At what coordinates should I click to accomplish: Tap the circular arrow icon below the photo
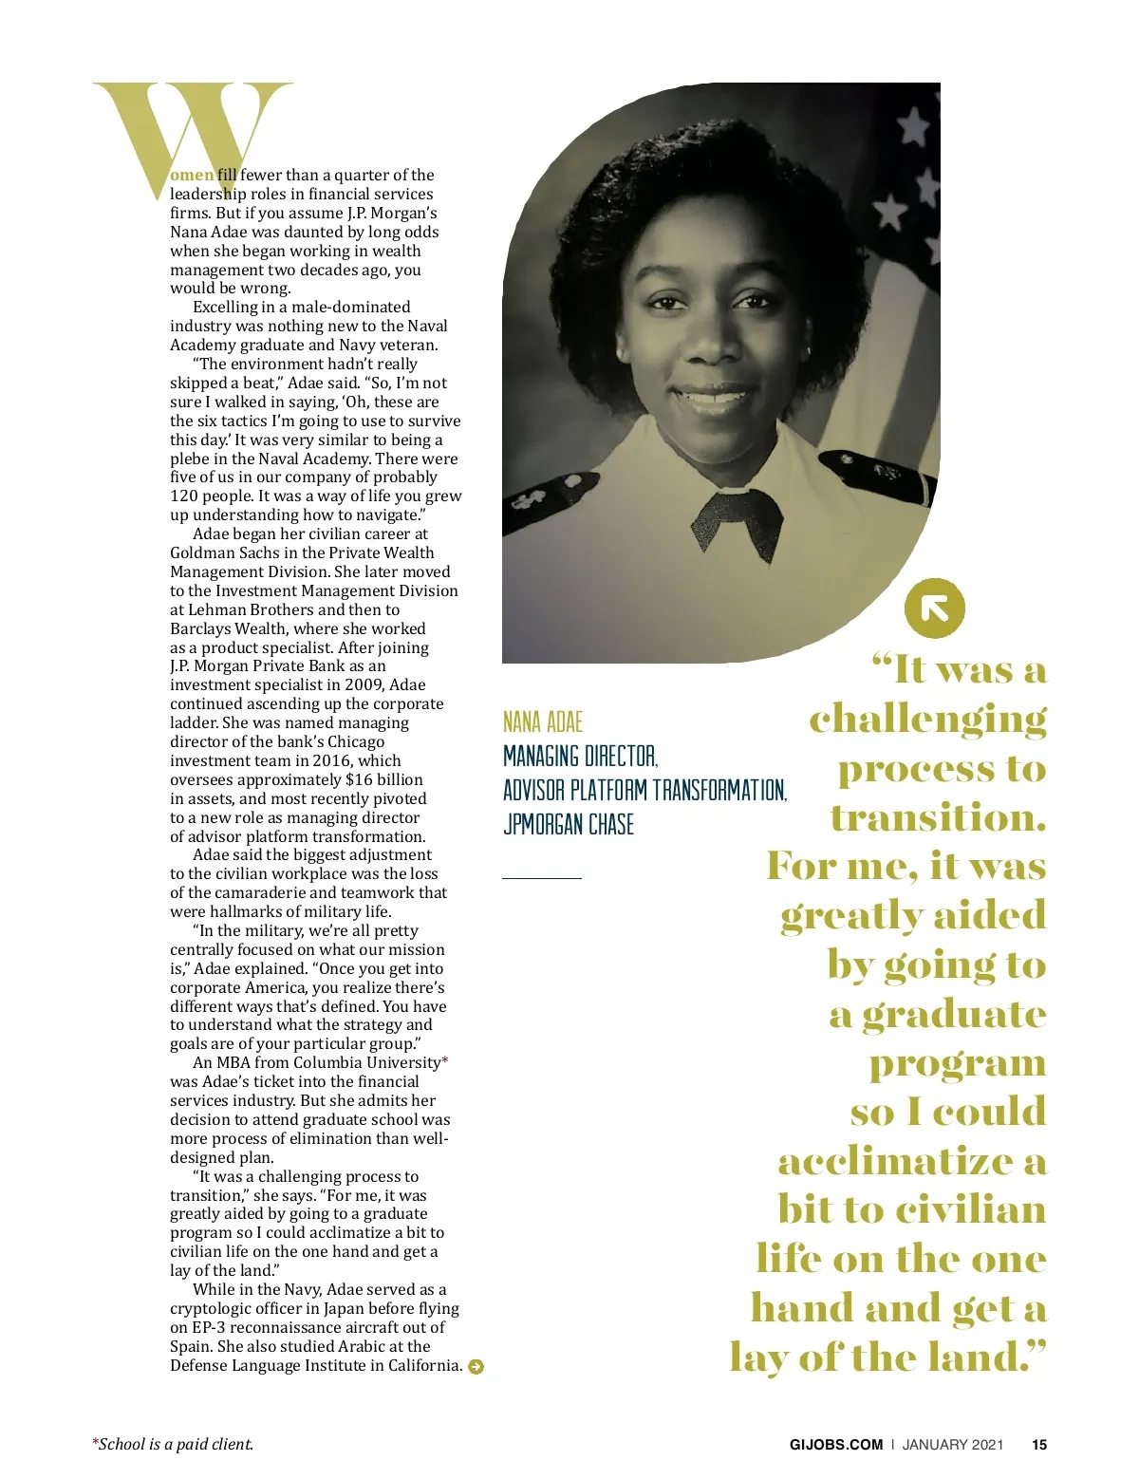pos(935,608)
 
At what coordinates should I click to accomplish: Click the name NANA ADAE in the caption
pos(543,722)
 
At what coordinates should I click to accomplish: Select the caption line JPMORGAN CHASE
pos(569,824)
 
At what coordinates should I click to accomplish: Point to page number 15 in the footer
pos(1039,1445)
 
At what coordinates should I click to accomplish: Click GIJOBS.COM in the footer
pos(836,1445)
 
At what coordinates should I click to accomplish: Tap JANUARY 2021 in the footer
pos(952,1445)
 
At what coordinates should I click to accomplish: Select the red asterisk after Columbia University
pos(445,1061)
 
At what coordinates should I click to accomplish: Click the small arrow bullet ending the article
pos(476,1367)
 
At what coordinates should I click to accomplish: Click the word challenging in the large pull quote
pos(927,720)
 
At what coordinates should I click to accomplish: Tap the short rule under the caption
pos(542,879)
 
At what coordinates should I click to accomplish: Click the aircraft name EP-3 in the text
pos(207,1327)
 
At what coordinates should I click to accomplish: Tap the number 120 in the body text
pos(184,496)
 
